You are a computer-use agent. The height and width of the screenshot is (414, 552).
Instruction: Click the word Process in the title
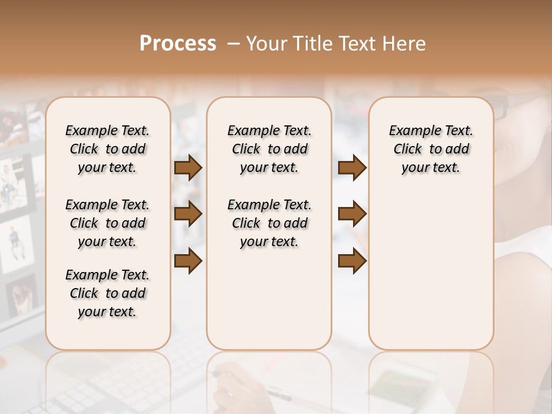click(x=178, y=44)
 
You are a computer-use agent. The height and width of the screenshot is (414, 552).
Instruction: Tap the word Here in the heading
click(x=405, y=44)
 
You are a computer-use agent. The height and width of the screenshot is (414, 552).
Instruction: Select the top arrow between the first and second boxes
click(x=188, y=168)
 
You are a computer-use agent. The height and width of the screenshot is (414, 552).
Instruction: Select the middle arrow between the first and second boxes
click(x=188, y=214)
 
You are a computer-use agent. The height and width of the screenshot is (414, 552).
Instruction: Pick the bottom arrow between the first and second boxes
click(x=188, y=260)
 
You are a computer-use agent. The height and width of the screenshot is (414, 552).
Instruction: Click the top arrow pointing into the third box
click(x=352, y=168)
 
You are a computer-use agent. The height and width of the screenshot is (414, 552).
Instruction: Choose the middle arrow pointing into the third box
click(x=352, y=214)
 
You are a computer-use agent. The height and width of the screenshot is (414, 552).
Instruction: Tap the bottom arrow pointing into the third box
click(x=352, y=260)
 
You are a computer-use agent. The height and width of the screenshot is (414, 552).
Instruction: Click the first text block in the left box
click(x=108, y=149)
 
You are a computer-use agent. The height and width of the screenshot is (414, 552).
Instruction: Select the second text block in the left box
click(x=108, y=223)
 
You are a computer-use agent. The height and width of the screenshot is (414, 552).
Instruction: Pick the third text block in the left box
click(x=108, y=293)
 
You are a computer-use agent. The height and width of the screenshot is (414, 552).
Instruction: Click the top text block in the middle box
click(x=269, y=149)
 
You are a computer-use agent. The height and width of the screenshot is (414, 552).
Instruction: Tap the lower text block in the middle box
click(x=269, y=223)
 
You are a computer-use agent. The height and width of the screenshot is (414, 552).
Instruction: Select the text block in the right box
click(x=431, y=149)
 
